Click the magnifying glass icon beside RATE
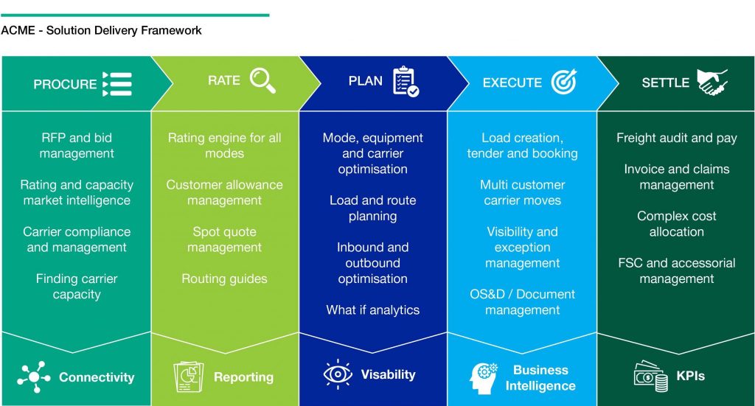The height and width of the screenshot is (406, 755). point(263,80)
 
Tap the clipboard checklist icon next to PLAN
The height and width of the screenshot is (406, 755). point(406,81)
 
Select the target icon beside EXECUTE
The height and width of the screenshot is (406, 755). point(564,81)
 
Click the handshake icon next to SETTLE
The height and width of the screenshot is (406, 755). point(712,83)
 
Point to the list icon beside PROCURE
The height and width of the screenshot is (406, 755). point(117,84)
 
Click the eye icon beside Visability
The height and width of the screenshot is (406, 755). point(338,374)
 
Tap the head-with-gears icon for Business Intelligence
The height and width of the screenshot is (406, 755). point(483,378)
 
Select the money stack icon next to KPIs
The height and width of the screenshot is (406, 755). point(651,377)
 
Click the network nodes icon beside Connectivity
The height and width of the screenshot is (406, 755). point(33,377)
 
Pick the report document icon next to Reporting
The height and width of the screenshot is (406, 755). point(188,377)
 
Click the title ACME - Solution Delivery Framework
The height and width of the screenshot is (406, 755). point(101,30)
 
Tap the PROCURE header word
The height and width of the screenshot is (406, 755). point(65,84)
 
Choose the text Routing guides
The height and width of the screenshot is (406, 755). point(224,279)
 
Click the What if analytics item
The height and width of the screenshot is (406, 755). point(372,309)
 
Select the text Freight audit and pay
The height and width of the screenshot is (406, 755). point(677,138)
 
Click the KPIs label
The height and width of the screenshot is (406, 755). point(690,376)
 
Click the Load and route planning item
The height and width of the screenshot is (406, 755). point(372,208)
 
